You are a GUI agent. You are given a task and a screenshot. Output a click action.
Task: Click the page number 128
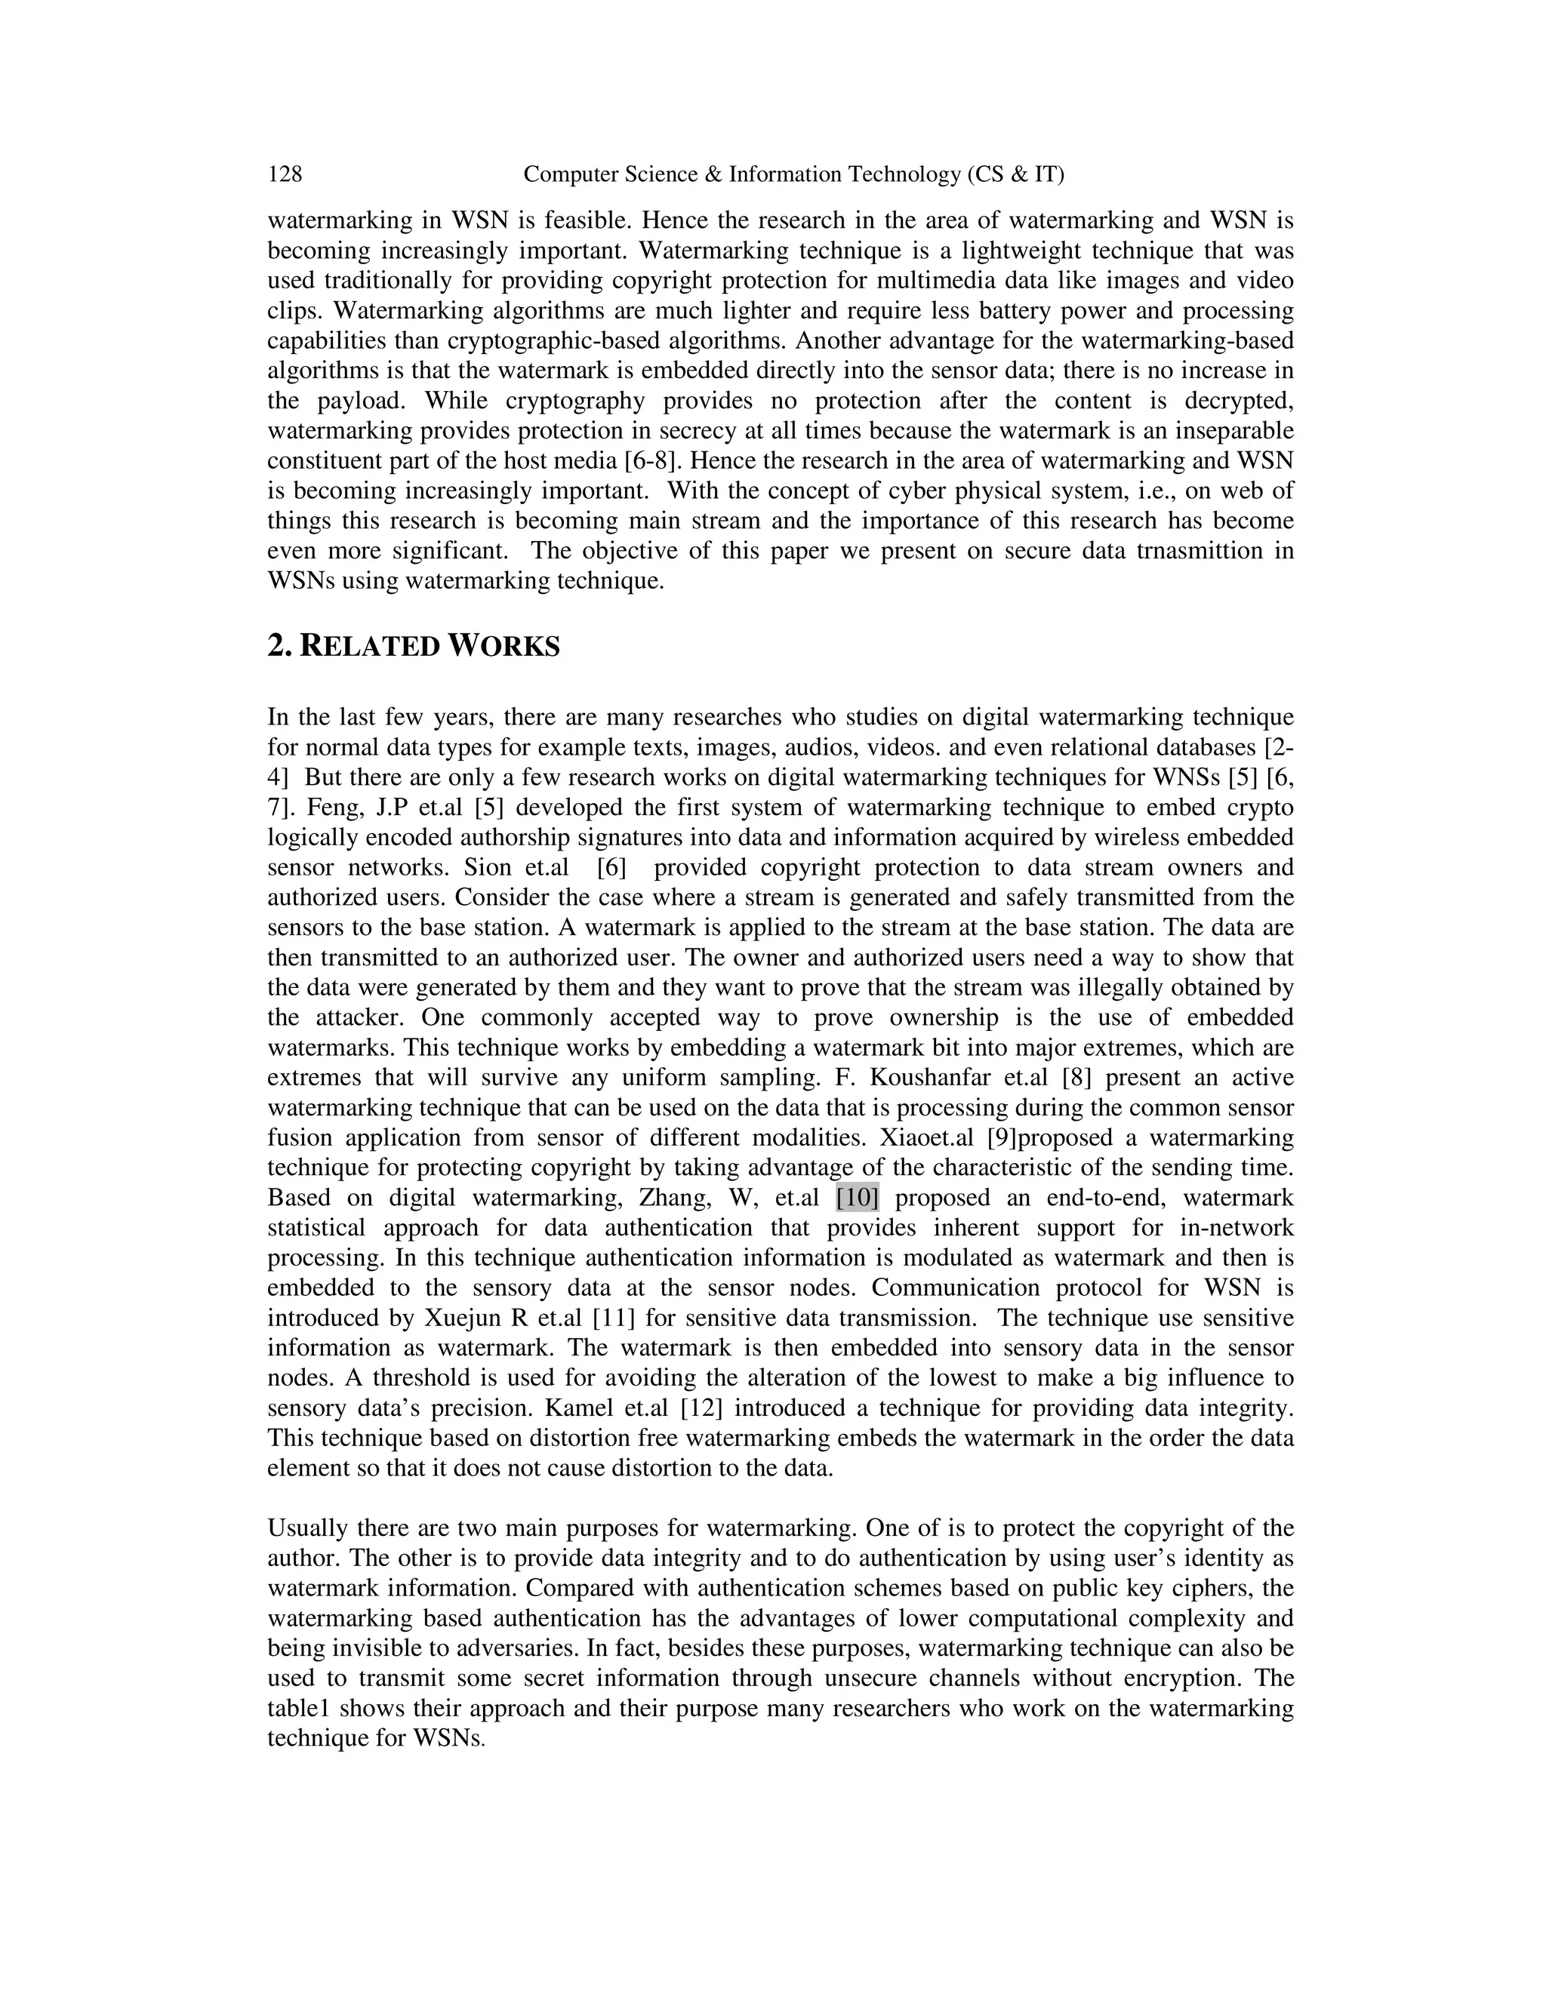(285, 174)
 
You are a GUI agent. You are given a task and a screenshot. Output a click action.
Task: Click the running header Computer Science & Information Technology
(792, 174)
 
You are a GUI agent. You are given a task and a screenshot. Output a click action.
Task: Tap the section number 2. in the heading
(279, 647)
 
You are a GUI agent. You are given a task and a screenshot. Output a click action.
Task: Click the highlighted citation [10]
(858, 1198)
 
